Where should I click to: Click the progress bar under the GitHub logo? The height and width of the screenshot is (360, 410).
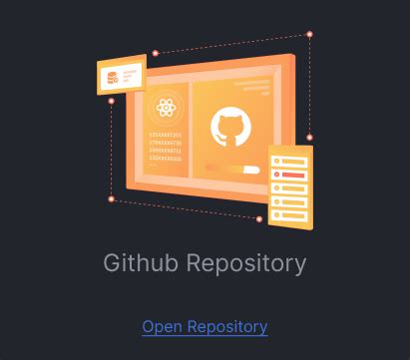(x=231, y=170)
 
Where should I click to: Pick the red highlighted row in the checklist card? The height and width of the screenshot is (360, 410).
(x=291, y=175)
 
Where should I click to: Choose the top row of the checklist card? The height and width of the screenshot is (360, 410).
(x=291, y=162)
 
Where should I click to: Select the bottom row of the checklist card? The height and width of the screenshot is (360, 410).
(x=291, y=212)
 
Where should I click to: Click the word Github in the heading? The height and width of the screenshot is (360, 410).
(x=137, y=264)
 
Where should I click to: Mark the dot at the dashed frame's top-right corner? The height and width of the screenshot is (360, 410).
(x=309, y=35)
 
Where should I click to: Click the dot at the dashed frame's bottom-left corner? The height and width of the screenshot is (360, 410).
(x=111, y=198)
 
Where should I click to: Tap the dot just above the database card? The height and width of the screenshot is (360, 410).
(x=155, y=53)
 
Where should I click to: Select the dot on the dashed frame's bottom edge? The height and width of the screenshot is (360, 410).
(x=259, y=218)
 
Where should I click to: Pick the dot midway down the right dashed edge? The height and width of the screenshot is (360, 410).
(x=309, y=137)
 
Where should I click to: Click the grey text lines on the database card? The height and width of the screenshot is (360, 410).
(x=132, y=74)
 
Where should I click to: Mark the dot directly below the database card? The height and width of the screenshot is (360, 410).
(x=111, y=101)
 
